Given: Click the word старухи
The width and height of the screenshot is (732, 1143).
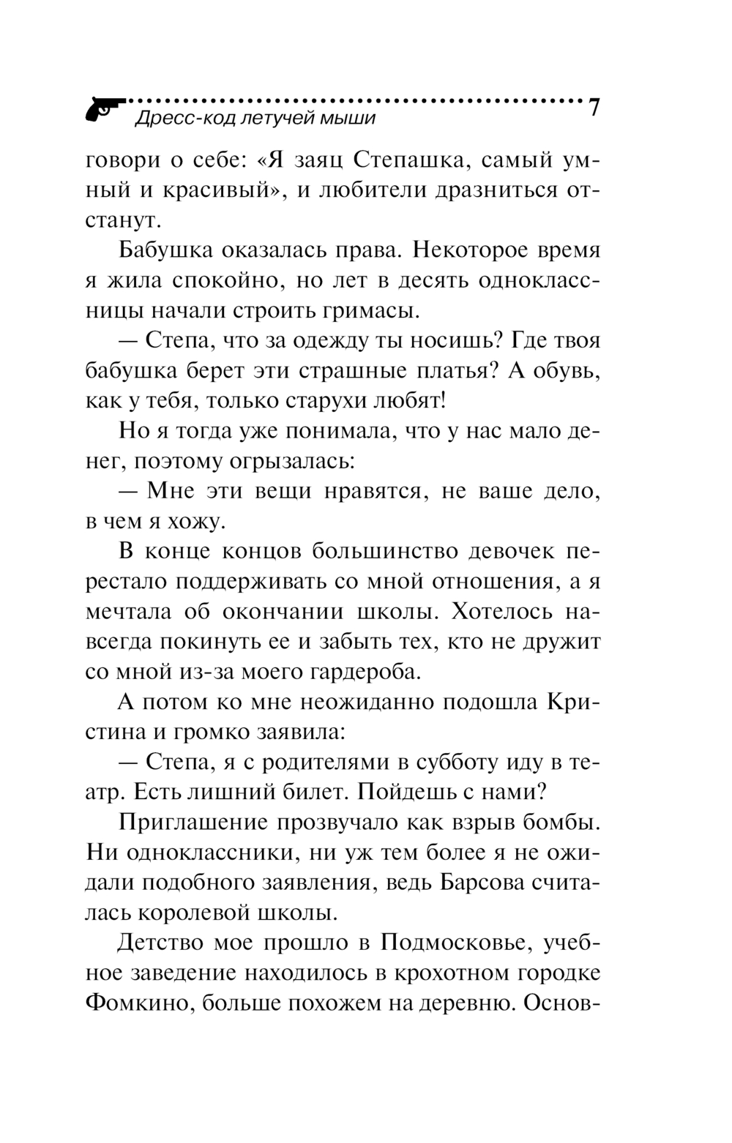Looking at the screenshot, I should coord(345,401).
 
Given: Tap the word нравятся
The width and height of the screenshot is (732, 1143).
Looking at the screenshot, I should coord(362,491).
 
